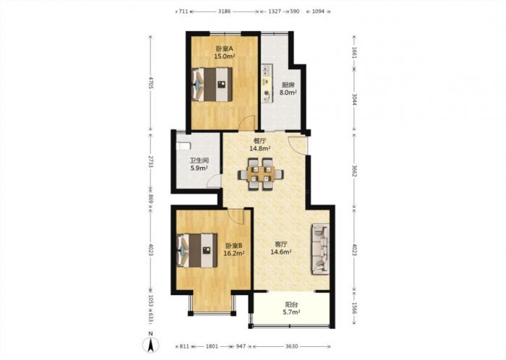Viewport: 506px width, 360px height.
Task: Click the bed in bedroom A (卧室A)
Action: coord(212,85)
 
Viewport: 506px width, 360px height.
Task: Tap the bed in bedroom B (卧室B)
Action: coord(197,250)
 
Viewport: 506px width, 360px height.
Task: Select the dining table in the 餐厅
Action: coord(261,174)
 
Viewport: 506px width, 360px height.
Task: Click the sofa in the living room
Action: coord(320,249)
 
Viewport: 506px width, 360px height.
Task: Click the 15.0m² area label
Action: coord(224,56)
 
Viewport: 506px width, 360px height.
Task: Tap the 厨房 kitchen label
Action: coord(288,85)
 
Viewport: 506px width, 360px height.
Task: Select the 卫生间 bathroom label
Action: coord(199,160)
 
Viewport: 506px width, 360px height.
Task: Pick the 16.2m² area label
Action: coord(234,253)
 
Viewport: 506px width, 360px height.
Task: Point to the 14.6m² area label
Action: coord(281,252)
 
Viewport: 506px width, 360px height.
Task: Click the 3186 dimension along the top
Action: coord(224,12)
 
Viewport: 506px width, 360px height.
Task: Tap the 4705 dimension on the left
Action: coord(150,83)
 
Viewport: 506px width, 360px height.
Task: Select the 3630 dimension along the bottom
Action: coord(291,346)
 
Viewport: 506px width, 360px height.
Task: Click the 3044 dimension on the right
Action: coord(354,99)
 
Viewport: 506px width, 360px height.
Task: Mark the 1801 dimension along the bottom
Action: coord(212,346)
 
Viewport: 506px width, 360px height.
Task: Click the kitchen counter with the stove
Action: coord(267,84)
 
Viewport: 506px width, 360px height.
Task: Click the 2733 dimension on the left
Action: coord(150,161)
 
